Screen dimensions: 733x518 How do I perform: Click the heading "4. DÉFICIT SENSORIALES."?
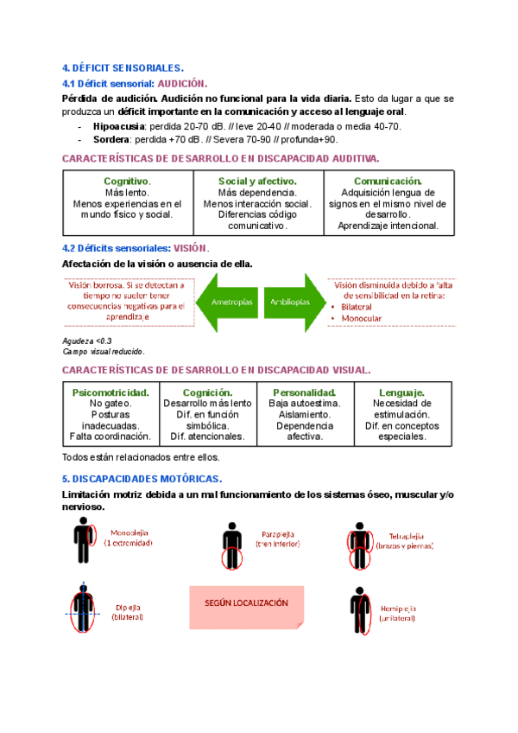click(123, 67)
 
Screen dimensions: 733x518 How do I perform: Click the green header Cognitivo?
click(127, 182)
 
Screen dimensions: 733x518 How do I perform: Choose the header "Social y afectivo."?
click(257, 182)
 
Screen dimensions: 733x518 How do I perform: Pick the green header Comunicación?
click(388, 182)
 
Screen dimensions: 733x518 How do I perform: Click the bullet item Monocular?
click(363, 319)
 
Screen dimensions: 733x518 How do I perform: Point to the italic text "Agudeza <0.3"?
click(87, 341)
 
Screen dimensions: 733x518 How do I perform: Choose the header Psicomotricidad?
click(111, 392)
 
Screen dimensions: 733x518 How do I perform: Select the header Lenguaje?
click(401, 392)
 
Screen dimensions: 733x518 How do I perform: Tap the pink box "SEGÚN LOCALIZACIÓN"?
click(246, 603)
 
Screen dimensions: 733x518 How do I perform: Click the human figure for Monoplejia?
click(84, 542)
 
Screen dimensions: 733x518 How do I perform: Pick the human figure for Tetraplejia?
click(361, 545)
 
